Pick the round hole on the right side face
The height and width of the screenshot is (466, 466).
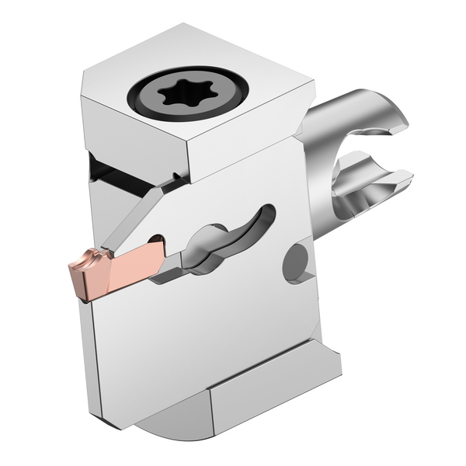(x=296, y=263)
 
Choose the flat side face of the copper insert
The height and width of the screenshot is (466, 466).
(x=128, y=272)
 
